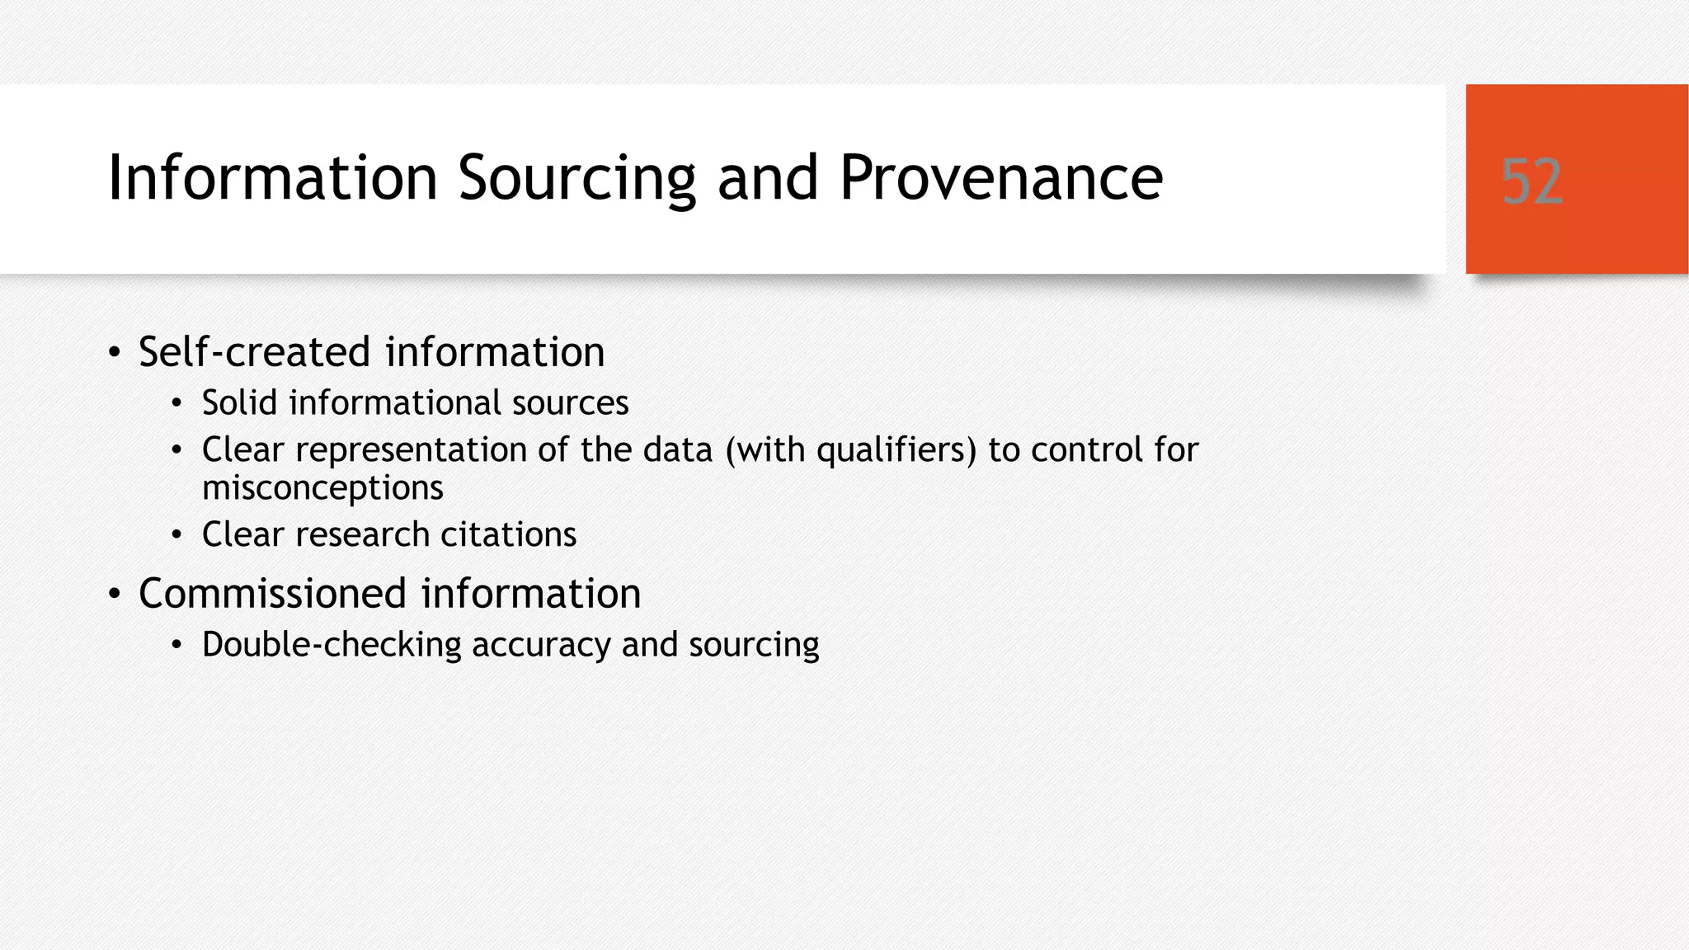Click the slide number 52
point(1531,181)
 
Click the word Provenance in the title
point(1000,177)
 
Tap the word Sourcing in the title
point(576,177)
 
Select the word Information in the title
point(272,177)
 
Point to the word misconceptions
point(322,487)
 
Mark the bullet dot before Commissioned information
point(115,595)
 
